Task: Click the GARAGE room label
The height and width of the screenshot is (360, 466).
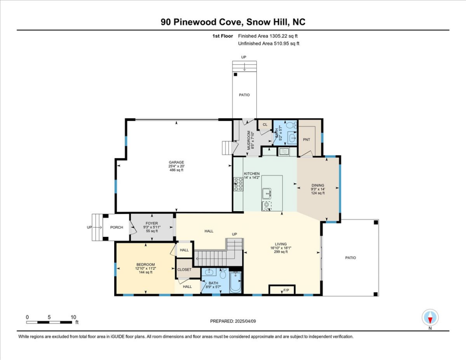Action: point(176,163)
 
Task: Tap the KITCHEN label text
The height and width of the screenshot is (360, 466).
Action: point(252,174)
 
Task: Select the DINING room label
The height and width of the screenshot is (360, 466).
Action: point(318,185)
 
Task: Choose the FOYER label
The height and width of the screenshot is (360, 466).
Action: point(152,223)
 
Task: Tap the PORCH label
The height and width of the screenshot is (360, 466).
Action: point(116,228)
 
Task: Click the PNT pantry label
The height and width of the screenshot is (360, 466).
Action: point(307,139)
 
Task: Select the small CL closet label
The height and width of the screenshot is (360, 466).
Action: point(265,125)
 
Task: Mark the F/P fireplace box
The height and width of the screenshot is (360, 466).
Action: point(286,291)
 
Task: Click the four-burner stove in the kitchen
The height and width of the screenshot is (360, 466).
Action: point(238,185)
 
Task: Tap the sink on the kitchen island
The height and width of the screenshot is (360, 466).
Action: point(267,193)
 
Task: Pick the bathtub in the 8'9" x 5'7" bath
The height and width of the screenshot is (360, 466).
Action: point(235,283)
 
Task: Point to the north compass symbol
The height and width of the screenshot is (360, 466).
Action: point(430,318)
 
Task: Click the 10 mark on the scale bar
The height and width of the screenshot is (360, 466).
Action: point(73,317)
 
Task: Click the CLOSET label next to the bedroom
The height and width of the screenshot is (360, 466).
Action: point(184,270)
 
